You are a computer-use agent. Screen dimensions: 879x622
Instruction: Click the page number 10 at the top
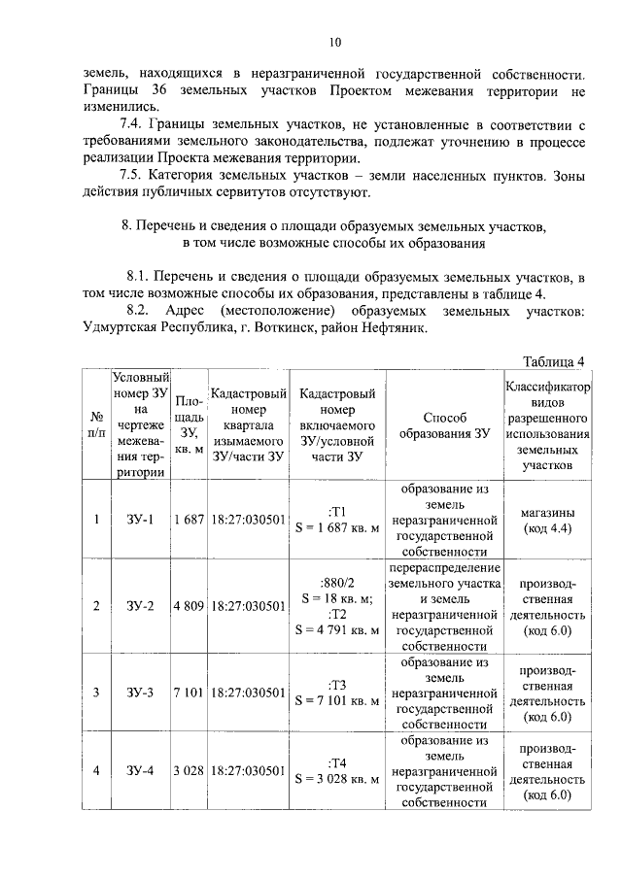[335, 42]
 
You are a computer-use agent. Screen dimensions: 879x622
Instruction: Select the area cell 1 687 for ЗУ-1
[189, 520]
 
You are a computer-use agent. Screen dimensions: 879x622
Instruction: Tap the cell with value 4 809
[189, 607]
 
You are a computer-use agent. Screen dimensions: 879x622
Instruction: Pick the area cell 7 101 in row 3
[189, 693]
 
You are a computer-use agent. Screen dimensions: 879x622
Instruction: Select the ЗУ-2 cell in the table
[140, 607]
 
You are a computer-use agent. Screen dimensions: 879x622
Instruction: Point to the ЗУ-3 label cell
[140, 693]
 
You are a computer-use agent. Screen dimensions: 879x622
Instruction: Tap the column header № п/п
[96, 424]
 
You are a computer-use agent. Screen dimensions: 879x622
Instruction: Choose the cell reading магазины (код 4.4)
[546, 520]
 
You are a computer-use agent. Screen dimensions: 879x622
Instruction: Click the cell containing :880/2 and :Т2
[337, 606]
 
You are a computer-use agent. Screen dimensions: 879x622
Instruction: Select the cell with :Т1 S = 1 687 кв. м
[337, 520]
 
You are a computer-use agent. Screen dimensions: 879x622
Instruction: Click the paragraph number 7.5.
[132, 176]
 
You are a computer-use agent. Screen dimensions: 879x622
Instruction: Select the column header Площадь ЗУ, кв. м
[189, 424]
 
